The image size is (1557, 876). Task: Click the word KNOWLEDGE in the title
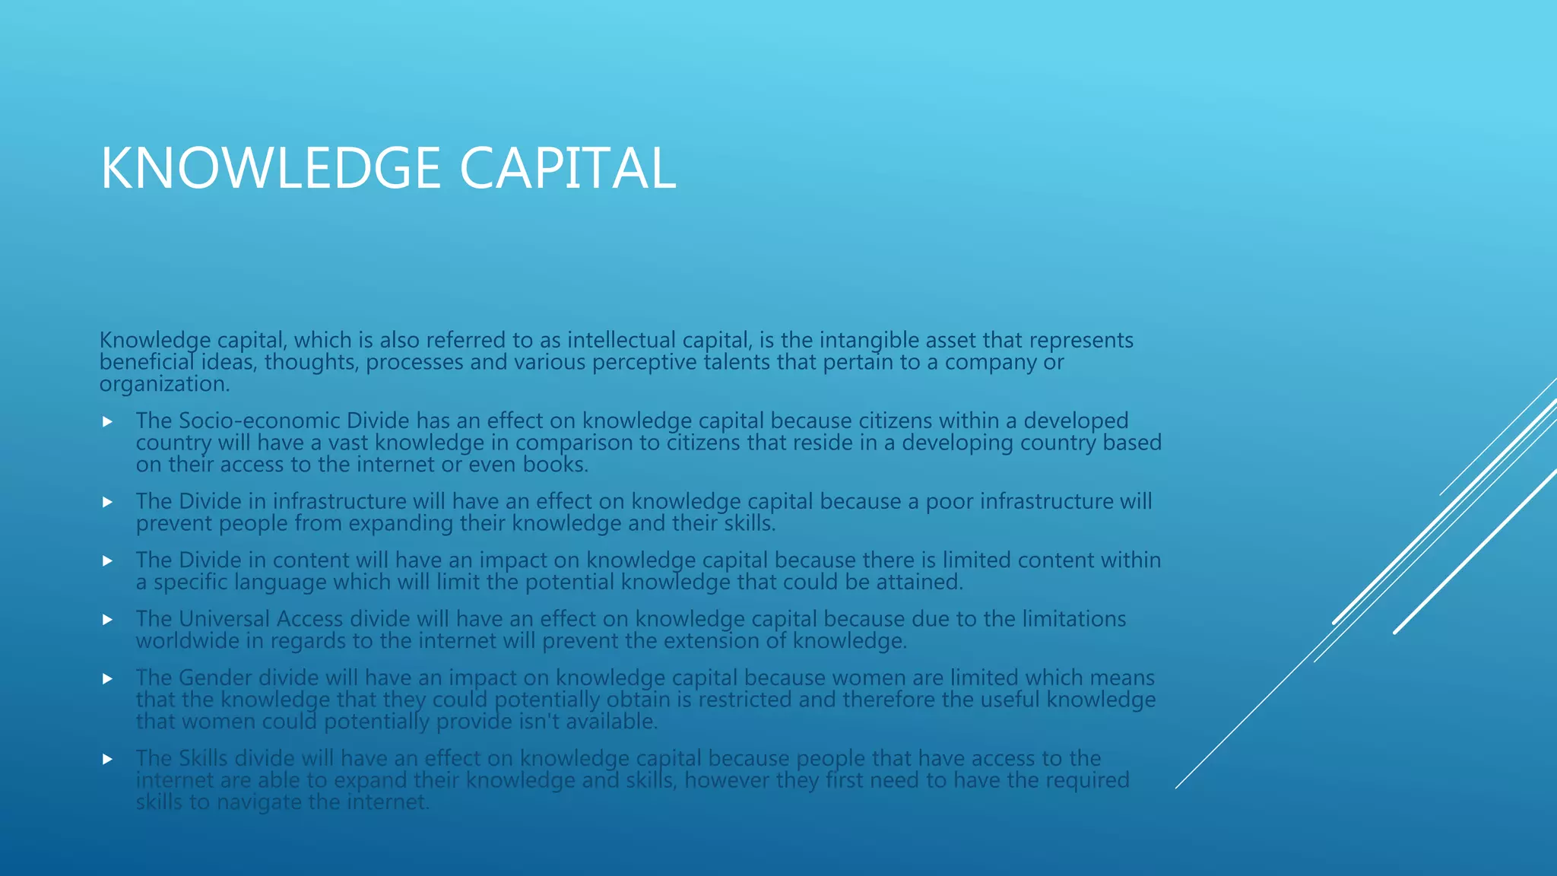tap(271, 168)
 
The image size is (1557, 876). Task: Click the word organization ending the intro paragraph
tap(163, 384)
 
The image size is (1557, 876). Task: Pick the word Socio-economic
tap(258, 421)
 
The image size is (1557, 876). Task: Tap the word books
tap(555, 465)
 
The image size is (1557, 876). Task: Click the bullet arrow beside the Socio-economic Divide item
tap(107, 421)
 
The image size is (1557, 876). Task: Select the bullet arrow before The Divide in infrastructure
tap(107, 502)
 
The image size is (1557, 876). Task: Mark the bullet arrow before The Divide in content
tap(107, 560)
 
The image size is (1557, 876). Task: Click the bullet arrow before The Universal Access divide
tap(107, 620)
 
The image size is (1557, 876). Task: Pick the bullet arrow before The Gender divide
tap(107, 678)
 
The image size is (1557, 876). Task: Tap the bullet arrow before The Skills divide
tap(107, 759)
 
